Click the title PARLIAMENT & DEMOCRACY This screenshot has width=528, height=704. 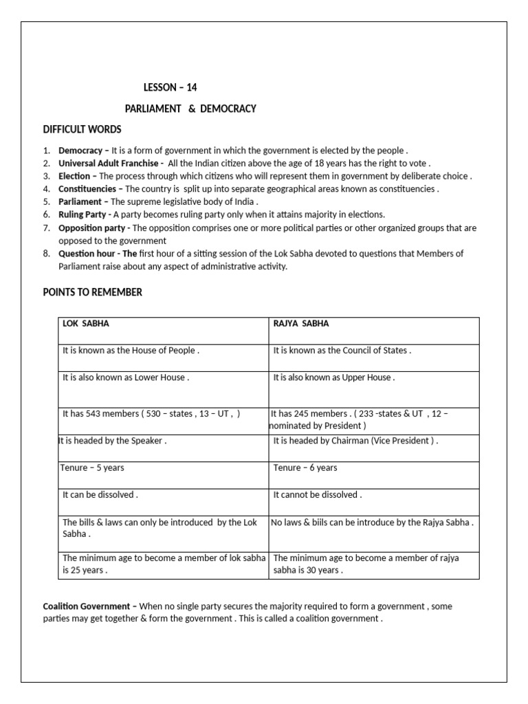tap(190, 109)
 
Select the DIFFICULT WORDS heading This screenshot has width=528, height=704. tap(82, 129)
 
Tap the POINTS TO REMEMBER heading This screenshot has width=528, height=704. tap(92, 292)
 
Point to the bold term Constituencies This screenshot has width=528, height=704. tap(88, 188)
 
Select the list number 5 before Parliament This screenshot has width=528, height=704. tap(46, 201)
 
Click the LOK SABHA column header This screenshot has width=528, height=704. tap(86, 324)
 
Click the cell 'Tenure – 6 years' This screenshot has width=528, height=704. tap(305, 468)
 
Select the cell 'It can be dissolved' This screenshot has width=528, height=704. tap(100, 495)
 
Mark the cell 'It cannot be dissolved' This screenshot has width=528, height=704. tap(317, 495)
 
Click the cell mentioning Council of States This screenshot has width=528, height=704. tap(342, 351)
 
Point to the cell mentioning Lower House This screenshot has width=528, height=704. tap(125, 377)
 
